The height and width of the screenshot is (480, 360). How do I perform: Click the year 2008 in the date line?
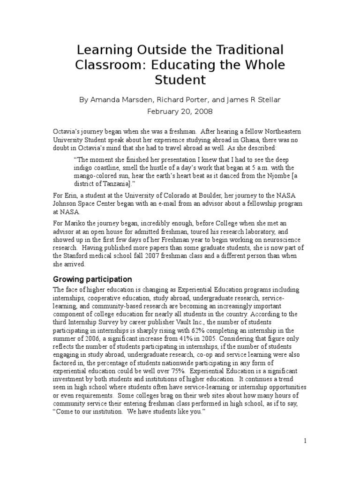(x=203, y=112)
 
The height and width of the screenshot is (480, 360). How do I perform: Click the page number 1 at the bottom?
(x=305, y=441)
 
